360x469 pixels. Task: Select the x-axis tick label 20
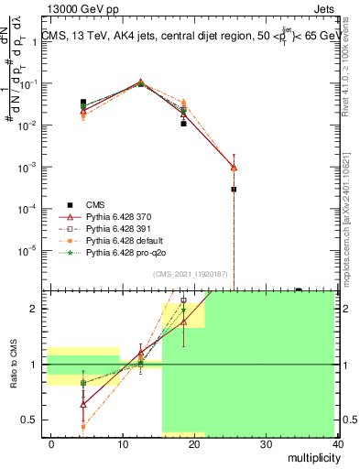194,443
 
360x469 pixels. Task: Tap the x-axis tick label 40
338,443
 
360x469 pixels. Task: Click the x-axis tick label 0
51,443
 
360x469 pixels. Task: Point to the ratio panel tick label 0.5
28,420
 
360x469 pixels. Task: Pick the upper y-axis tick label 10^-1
28,83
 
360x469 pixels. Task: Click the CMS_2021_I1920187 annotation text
191,275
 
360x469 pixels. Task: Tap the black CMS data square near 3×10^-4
234,190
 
